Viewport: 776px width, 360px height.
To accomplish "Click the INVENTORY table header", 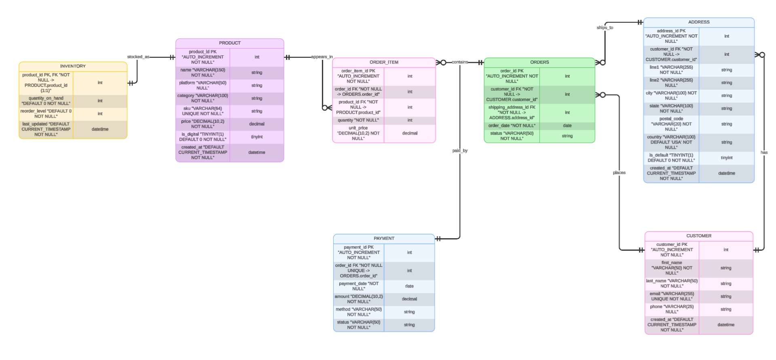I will click(x=73, y=66).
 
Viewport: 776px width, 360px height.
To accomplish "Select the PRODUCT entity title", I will click(x=230, y=43).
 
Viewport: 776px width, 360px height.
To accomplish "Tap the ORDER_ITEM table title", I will click(x=384, y=62).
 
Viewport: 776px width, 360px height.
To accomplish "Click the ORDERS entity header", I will click(x=539, y=62).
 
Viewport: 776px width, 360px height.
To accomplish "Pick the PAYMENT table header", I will click(x=384, y=239).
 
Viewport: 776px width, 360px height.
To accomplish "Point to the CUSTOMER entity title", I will click(x=699, y=236).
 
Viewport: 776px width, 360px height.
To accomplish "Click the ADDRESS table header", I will click(x=699, y=22).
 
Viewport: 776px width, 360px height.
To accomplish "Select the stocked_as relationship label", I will click(x=138, y=57).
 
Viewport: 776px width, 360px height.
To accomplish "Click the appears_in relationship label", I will click(x=322, y=57).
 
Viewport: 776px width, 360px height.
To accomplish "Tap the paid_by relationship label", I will click(x=460, y=151).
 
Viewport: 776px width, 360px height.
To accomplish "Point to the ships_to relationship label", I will click(x=605, y=28).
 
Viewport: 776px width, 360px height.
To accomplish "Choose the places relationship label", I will click(x=619, y=173).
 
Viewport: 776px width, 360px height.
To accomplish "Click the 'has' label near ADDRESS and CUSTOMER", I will click(x=764, y=152).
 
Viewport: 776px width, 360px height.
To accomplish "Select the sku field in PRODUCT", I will click(x=203, y=111).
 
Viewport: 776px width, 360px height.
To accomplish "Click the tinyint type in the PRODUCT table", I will click(x=257, y=137).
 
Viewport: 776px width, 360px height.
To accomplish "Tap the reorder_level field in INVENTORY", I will click(x=46, y=114).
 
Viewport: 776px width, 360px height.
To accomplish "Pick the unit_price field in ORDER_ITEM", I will click(x=358, y=133).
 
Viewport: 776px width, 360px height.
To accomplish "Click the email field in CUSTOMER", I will click(x=672, y=296).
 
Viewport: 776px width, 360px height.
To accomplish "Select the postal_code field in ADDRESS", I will click(x=671, y=124).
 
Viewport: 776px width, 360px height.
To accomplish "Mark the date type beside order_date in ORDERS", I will click(x=567, y=126).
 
